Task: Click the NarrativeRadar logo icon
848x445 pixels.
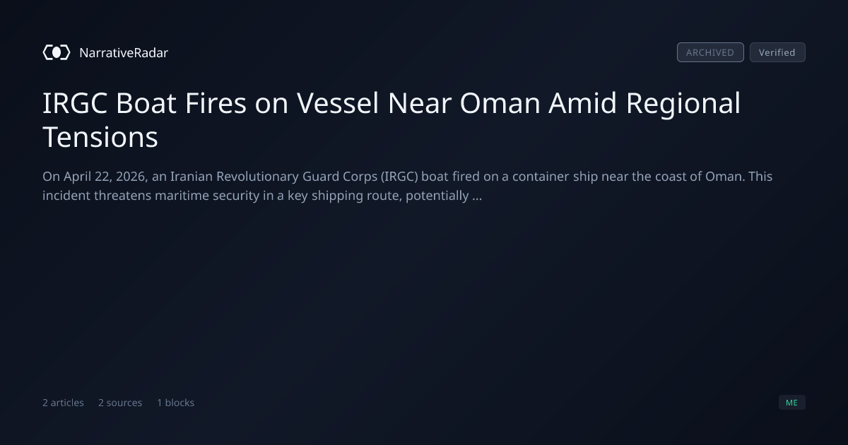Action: click(57, 52)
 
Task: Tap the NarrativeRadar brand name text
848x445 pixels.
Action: click(124, 52)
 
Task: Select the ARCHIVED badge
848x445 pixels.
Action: click(710, 52)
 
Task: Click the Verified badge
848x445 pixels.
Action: click(777, 52)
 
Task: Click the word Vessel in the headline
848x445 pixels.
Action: click(337, 103)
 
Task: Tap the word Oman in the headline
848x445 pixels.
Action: click(500, 103)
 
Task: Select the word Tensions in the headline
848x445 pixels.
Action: click(100, 137)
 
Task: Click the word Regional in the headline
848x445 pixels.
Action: click(683, 104)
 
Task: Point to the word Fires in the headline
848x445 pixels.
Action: click(216, 103)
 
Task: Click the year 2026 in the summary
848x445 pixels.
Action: click(131, 177)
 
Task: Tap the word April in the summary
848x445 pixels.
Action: click(77, 177)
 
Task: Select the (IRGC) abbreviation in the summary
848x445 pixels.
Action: click(399, 177)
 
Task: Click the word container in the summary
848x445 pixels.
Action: click(541, 177)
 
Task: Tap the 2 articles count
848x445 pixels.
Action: click(63, 403)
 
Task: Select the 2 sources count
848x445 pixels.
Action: click(120, 403)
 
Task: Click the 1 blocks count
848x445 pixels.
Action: click(176, 403)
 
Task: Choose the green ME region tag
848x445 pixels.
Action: click(792, 402)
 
